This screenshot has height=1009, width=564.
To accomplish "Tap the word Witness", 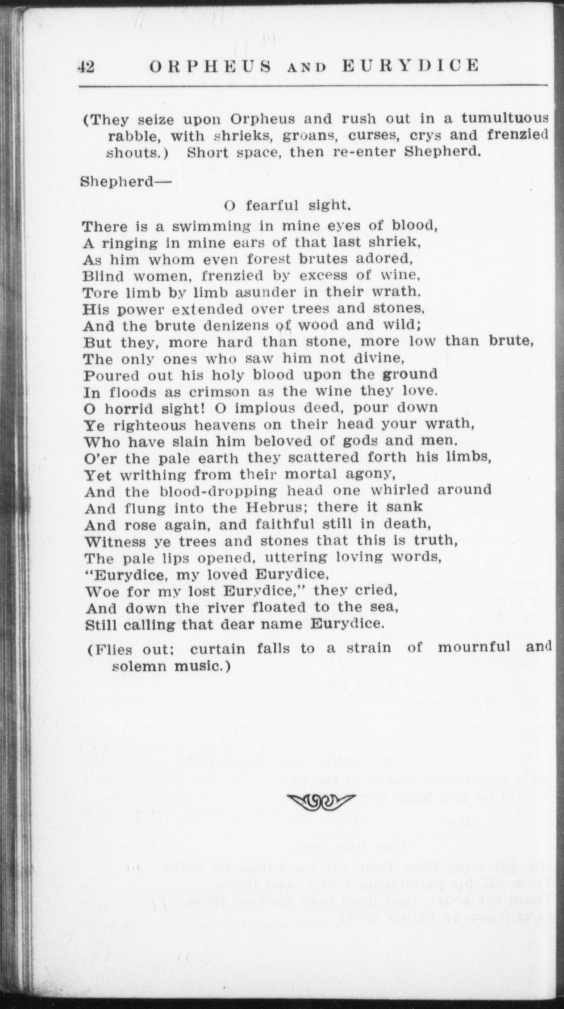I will coord(113,542).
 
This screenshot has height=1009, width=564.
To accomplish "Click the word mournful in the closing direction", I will coord(474,647).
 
